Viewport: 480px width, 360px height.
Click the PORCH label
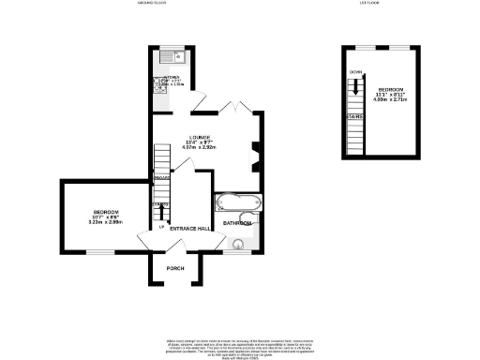[174, 269]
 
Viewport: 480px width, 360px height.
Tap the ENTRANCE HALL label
[188, 228]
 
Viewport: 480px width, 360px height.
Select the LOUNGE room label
[200, 137]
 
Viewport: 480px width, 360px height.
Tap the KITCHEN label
[172, 79]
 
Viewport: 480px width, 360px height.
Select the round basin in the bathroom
[239, 245]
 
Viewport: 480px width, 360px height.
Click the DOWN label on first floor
[355, 72]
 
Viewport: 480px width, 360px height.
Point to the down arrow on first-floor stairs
[355, 86]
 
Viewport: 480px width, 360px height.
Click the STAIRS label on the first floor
[356, 116]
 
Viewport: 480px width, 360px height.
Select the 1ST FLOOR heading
[367, 5]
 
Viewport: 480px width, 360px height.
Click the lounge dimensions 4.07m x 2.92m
[200, 148]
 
